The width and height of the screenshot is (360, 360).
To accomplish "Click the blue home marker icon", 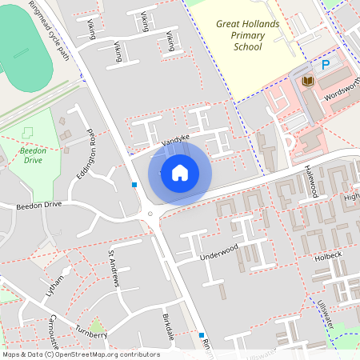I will click(x=179, y=172).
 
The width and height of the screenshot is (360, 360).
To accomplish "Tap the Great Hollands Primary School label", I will click(x=248, y=35).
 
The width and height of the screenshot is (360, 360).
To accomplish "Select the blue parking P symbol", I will click(x=325, y=65).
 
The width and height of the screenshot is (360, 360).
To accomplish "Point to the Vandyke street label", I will click(x=175, y=142).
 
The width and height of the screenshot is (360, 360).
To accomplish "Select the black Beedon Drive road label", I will click(x=38, y=205).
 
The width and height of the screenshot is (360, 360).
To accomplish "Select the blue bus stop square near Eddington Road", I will click(x=134, y=185).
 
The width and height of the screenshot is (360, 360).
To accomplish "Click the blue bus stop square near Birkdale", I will click(x=202, y=335).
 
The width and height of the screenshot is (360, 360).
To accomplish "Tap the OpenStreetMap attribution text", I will click(x=81, y=354).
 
